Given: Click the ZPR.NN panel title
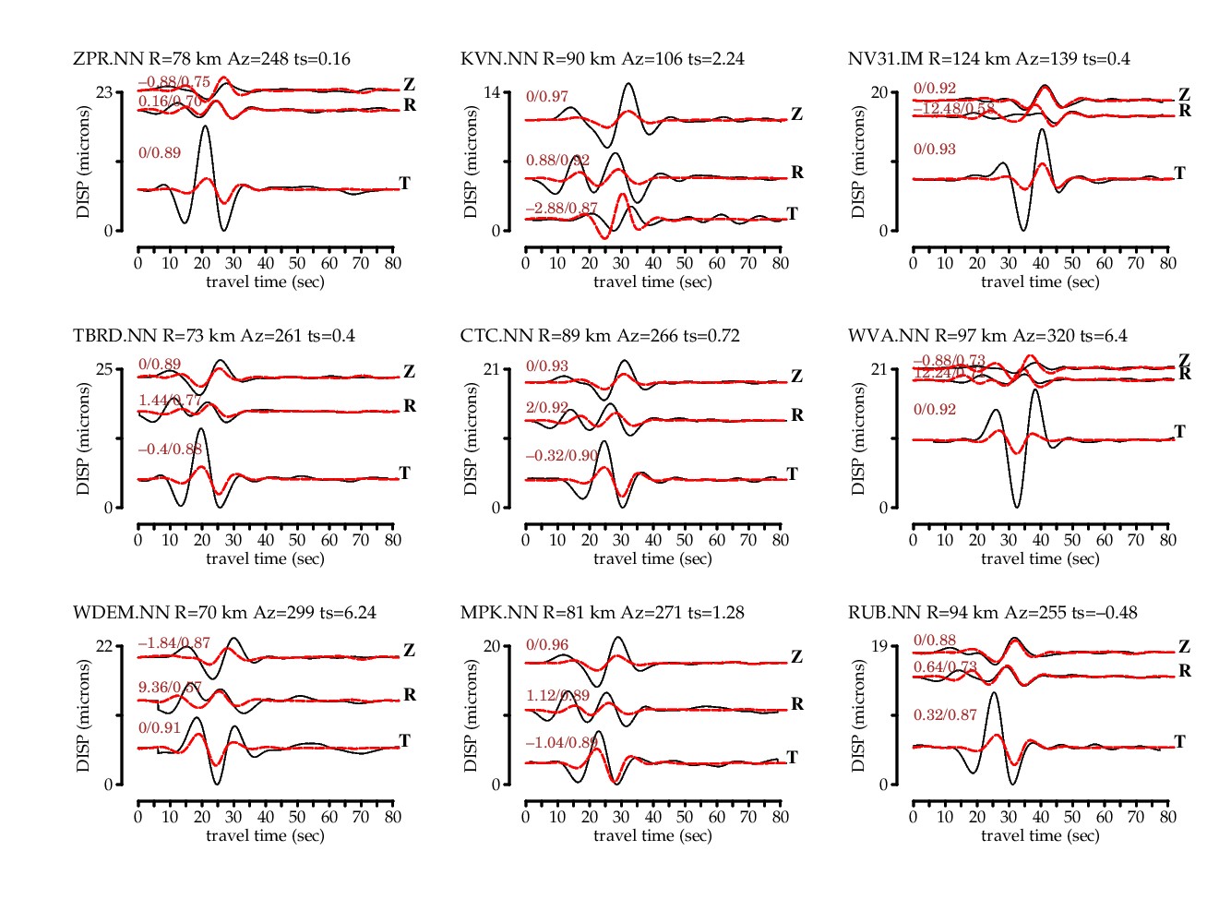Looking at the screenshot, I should [x=211, y=59].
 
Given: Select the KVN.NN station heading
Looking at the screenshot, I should [x=602, y=59].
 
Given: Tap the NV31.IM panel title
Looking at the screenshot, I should [x=988, y=59].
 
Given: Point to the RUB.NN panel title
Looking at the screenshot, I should [x=992, y=613].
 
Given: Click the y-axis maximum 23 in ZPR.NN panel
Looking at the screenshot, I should [x=103, y=92].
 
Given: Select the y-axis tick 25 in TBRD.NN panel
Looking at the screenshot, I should [x=103, y=369].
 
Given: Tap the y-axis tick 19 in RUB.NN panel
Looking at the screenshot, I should [x=878, y=646].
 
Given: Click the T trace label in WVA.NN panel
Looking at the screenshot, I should [x=1179, y=431].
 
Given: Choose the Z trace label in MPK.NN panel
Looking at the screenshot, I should [x=796, y=657].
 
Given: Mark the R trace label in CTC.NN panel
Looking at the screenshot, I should [x=797, y=415].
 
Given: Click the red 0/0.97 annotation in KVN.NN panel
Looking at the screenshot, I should [x=547, y=97].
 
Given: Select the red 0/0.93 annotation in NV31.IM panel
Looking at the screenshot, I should [x=935, y=150].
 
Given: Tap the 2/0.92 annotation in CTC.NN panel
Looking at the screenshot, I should [x=547, y=407].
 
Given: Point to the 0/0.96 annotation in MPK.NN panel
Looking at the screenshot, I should [x=547, y=645].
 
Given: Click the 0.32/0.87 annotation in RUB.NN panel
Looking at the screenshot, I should [x=945, y=715].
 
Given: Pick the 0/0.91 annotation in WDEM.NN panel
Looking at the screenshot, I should [x=160, y=728].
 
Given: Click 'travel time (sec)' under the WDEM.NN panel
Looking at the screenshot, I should [x=265, y=835].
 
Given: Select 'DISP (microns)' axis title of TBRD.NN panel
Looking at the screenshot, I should [x=84, y=438].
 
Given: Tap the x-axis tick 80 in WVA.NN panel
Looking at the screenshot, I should [x=1167, y=540].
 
